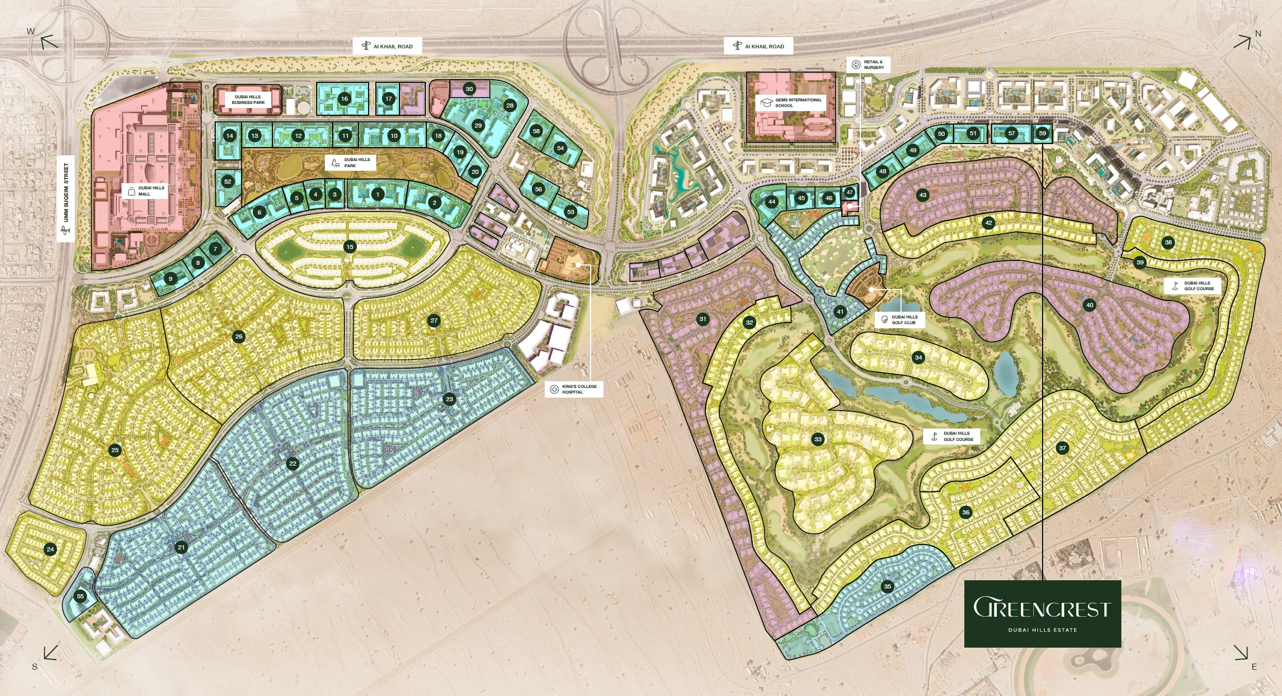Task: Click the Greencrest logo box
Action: tap(1042, 614)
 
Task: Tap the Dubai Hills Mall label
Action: tap(145, 191)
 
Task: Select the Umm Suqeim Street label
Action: tap(66, 199)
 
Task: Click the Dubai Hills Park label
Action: tap(351, 163)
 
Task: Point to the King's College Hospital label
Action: tap(574, 389)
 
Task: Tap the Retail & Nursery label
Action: tap(868, 64)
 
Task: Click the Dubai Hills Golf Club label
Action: tap(899, 319)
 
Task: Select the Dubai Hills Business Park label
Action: tap(248, 99)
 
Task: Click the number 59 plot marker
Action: tap(1042, 133)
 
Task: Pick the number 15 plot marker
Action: tap(350, 247)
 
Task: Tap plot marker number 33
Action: tap(818, 439)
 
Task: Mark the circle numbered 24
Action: tap(50, 549)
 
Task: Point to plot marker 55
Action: tap(80, 596)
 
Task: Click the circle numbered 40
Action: tap(1089, 305)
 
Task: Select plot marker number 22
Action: tap(292, 463)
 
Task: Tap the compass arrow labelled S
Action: tap(50, 653)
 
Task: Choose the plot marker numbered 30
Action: tap(469, 89)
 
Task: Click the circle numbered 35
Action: tap(887, 586)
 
